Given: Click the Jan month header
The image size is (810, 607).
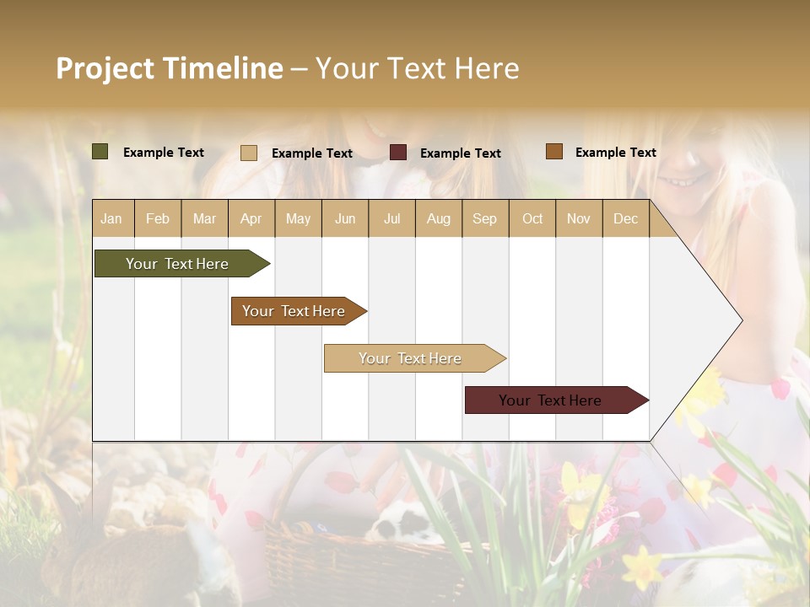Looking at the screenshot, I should [x=111, y=218].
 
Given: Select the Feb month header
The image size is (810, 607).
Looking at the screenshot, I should [x=158, y=218].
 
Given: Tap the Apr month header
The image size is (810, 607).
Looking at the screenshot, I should [x=251, y=218].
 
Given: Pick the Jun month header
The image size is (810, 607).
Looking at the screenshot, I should [x=345, y=218].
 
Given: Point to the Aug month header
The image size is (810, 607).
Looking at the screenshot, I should [x=438, y=218].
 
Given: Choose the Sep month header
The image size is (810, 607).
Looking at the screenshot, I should [x=484, y=218].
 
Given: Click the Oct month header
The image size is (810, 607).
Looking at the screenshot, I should [x=532, y=218].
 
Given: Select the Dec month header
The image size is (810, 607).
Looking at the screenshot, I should [x=625, y=218].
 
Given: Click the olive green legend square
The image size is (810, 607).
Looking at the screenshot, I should [x=100, y=152].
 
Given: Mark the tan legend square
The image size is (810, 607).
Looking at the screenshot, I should [x=249, y=153].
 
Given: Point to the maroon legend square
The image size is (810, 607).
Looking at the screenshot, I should [x=398, y=153].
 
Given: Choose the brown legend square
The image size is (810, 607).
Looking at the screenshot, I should [x=553, y=152].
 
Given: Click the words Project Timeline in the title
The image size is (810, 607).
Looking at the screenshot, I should [x=169, y=68].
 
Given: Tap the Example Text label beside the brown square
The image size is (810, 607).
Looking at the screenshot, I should [x=615, y=153].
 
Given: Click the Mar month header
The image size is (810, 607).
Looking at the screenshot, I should [x=204, y=218].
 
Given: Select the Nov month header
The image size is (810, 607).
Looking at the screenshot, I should [x=579, y=218].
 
